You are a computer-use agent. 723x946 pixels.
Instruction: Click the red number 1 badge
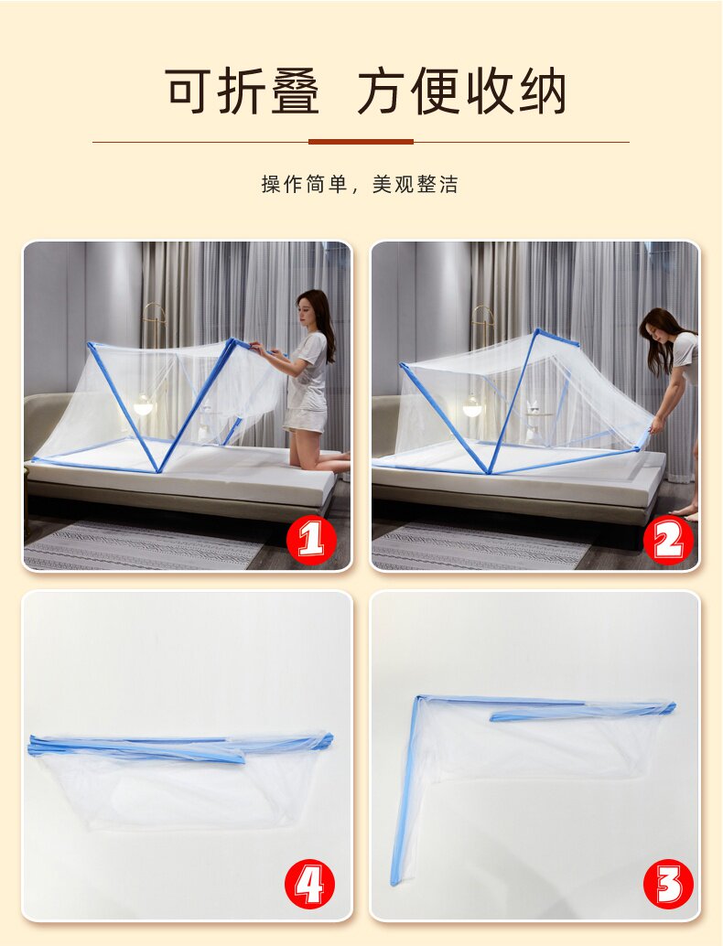coord(311,539)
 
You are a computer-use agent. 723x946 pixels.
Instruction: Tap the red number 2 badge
coord(668,539)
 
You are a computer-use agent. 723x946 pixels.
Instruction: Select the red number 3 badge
coord(668,885)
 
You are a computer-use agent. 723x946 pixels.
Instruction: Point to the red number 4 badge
coord(309,885)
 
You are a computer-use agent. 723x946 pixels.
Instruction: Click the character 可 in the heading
coord(189,91)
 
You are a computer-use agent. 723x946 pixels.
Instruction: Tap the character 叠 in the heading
coord(295,91)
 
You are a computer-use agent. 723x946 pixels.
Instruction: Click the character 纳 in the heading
coord(543,91)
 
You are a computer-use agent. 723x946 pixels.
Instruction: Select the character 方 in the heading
coord(382,91)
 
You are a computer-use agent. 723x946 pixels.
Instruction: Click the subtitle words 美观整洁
coord(415,185)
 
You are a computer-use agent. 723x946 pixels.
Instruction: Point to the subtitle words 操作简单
coord(304,185)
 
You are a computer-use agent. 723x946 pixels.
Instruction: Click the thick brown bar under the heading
coord(361,142)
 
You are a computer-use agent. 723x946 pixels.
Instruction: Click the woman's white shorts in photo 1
coord(306,420)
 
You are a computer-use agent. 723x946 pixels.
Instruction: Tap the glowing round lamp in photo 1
coord(143,405)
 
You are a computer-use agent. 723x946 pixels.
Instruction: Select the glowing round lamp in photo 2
coord(472,407)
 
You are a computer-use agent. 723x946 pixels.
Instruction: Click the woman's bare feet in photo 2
coord(685,513)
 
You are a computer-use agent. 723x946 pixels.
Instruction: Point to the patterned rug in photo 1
coord(145,546)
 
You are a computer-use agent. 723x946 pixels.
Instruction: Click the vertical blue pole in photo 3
coord(405,790)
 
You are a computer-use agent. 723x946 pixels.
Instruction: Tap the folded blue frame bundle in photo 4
coord(181,747)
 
